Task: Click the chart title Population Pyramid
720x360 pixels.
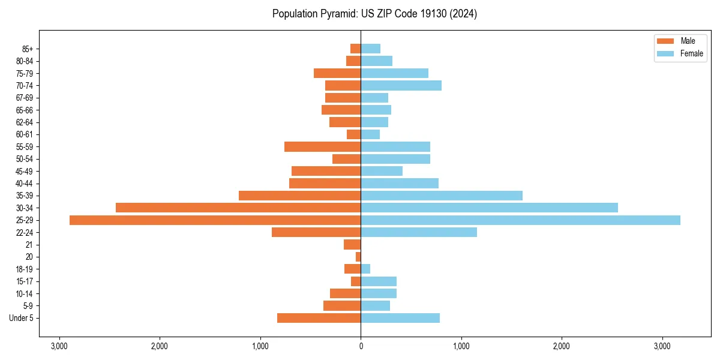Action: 374,14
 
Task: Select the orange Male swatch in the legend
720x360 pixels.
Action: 665,41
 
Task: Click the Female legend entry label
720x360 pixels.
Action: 691,53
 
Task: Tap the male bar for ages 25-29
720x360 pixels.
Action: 215,220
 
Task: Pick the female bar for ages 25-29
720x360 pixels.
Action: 520,220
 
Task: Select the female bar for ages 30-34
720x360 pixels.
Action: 489,208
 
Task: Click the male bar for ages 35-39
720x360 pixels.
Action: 299,196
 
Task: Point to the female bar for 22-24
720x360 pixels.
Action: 419,232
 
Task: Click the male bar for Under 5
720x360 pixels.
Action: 319,318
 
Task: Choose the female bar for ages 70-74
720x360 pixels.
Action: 401,85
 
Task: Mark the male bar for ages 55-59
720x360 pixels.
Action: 322,146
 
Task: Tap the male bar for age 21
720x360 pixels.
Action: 352,245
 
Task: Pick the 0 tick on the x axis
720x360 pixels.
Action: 361,347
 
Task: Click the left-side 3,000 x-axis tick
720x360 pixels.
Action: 59,347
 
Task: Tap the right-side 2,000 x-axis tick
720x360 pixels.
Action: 562,347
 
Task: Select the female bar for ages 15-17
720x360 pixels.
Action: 379,281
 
